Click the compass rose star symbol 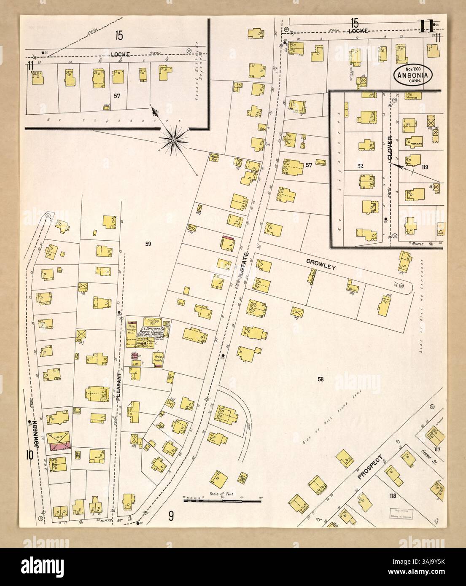[173, 138]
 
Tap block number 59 [148, 243]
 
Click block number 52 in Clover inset [360, 166]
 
